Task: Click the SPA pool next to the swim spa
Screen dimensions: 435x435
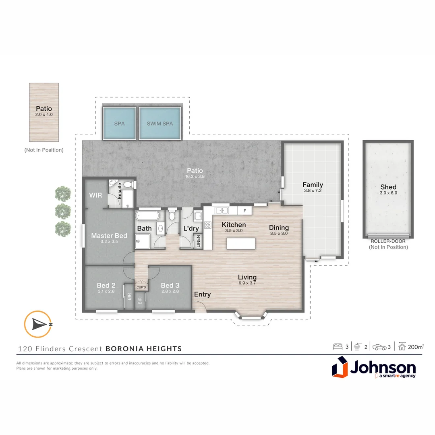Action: pyautogui.click(x=119, y=123)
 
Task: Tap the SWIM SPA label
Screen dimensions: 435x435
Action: pyautogui.click(x=160, y=124)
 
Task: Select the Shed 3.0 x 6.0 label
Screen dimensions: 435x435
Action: pyautogui.click(x=388, y=189)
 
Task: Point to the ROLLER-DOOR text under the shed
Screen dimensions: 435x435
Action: pyautogui.click(x=388, y=241)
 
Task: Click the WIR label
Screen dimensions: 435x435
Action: pyautogui.click(x=95, y=195)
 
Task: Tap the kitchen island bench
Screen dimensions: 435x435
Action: pyautogui.click(x=241, y=244)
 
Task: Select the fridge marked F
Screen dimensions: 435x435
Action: pyautogui.click(x=244, y=211)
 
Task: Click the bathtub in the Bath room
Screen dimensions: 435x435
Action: pyautogui.click(x=147, y=215)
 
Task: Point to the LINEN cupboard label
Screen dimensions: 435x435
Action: pyautogui.click(x=198, y=241)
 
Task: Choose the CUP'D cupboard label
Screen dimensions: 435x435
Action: pyautogui.click(x=141, y=288)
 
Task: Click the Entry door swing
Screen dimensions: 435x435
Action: pyautogui.click(x=200, y=306)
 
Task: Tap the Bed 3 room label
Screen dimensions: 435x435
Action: pyautogui.click(x=170, y=288)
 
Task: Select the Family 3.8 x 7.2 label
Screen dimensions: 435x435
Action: pyautogui.click(x=313, y=187)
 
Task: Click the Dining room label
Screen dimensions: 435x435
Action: pyautogui.click(x=279, y=230)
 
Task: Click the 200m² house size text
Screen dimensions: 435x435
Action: pyautogui.click(x=416, y=347)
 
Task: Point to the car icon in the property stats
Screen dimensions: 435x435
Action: pyautogui.click(x=379, y=347)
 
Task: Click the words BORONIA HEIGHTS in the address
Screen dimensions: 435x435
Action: pyautogui.click(x=144, y=349)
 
